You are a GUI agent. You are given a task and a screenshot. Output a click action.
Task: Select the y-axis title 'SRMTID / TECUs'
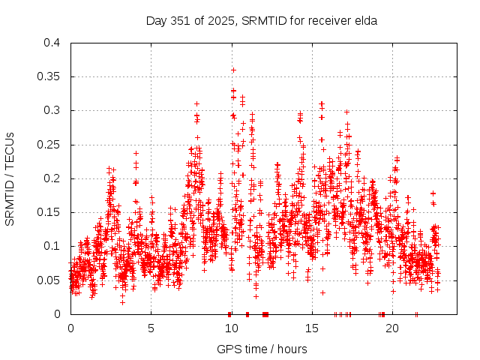point(10,178)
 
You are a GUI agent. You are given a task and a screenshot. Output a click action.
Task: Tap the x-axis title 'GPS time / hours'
point(262,349)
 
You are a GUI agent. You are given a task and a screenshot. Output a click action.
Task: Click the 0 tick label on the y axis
point(58,314)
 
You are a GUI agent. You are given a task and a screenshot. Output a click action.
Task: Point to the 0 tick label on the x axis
point(70,328)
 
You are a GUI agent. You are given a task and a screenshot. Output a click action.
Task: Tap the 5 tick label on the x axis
point(151,328)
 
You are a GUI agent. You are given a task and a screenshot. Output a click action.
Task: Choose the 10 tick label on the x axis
point(231,328)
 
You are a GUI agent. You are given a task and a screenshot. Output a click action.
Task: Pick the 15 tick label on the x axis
point(311,328)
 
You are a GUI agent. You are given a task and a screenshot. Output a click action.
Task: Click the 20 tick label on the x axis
point(391,328)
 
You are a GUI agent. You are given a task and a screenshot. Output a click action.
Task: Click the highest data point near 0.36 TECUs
point(233,70)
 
